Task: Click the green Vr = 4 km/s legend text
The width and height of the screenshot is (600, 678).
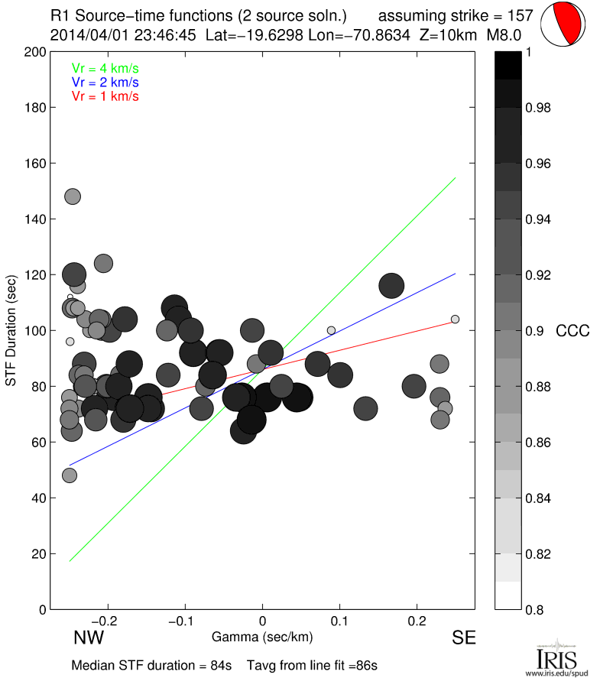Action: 105,68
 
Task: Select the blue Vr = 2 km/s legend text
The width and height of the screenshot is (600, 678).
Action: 105,82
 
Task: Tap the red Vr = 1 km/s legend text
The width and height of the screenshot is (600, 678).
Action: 105,96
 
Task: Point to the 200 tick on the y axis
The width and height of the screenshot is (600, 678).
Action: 35,52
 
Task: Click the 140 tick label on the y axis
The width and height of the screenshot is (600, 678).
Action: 35,219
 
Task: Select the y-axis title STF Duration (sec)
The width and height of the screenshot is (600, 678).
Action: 12,330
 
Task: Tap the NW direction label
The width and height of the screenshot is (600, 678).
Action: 89,638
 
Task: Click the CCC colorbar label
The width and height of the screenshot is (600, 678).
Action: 572,331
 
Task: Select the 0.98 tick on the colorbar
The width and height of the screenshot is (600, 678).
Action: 540,108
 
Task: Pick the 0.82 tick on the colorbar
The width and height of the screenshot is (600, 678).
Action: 540,554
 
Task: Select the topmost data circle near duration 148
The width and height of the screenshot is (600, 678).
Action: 73,196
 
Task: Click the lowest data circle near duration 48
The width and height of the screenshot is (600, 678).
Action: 70,475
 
